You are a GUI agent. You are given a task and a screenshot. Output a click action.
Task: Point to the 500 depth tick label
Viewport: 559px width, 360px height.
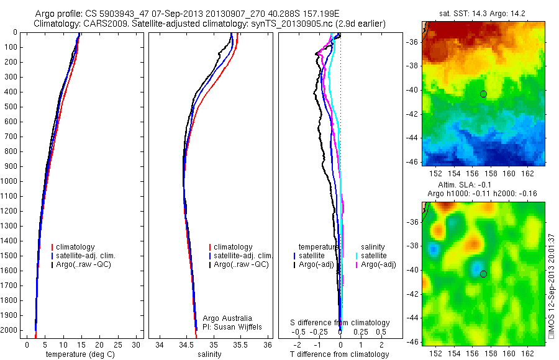pyautogui.click(x=11, y=107)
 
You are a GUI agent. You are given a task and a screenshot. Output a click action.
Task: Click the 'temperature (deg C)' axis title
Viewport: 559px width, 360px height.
pyautogui.click(x=78, y=354)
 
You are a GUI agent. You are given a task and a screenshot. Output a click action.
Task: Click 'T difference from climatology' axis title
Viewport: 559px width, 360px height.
pyautogui.click(x=339, y=354)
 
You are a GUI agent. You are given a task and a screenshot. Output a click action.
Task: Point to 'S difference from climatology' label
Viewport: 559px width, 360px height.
pyautogui.click(x=340, y=323)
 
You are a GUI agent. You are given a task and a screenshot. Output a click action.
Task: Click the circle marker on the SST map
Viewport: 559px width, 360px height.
pyautogui.click(x=483, y=94)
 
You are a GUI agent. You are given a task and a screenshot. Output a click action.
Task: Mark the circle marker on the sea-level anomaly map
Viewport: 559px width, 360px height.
pyautogui.click(x=483, y=274)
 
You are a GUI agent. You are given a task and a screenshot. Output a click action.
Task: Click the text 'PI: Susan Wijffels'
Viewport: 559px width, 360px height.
pyautogui.click(x=233, y=326)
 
